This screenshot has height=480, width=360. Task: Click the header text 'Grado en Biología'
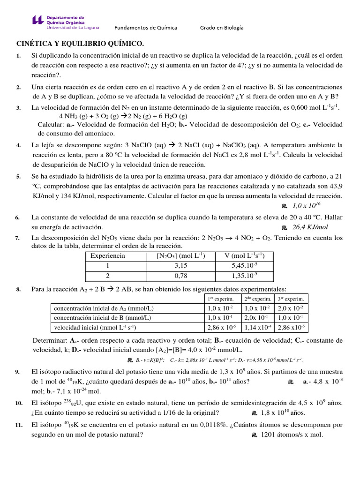222,28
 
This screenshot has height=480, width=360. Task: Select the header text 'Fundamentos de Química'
146,28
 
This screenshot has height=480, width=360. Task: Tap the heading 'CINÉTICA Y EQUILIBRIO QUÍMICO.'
80,44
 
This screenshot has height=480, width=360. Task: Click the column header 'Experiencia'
108,255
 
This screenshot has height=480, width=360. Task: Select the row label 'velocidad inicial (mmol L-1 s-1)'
95,327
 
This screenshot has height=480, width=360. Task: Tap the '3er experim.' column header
291,299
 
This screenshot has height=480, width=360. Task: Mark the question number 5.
18,177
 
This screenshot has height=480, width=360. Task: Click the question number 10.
19,403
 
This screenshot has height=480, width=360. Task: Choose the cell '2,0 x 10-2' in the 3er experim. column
291,308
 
